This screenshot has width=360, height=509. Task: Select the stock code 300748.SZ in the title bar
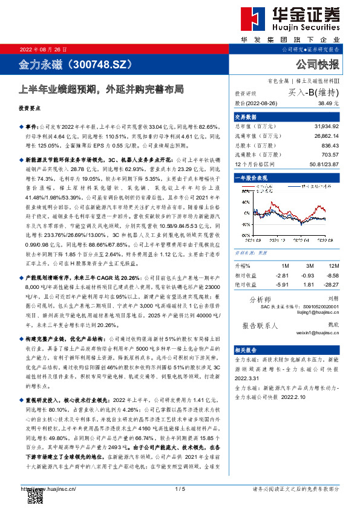coord(106,63)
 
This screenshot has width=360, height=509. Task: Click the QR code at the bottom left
coord(35,495)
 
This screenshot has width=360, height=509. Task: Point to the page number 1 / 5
coord(180,488)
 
